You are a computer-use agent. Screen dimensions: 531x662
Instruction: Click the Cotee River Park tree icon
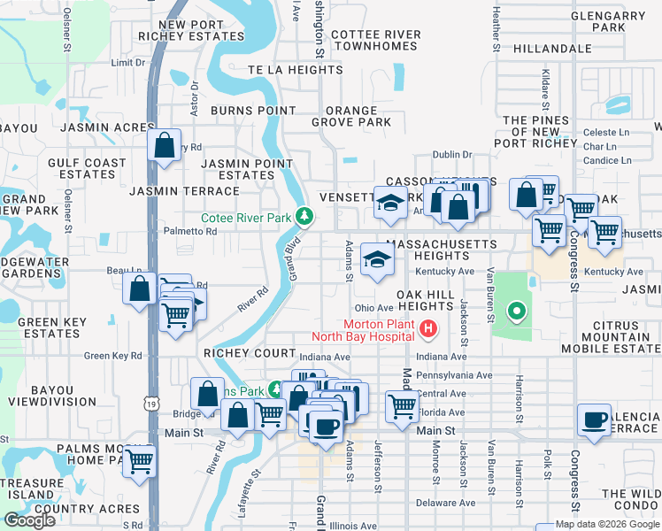pos(304,216)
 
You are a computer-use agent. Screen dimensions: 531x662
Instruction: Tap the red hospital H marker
pos(429,329)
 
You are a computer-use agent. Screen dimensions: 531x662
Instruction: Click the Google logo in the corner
pos(30,520)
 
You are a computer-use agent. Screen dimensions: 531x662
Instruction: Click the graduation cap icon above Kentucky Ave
pos(378,259)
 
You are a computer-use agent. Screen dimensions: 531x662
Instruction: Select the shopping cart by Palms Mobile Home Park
pos(140,460)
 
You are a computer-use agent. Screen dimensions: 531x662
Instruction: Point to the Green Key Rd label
pos(112,356)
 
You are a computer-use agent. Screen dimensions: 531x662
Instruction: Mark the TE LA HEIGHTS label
pos(282,69)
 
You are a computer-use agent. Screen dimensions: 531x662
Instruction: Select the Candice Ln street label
pos(607,160)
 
